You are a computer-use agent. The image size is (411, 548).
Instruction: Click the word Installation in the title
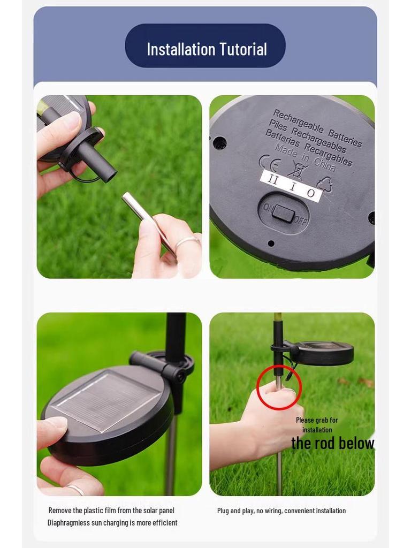pos(181,49)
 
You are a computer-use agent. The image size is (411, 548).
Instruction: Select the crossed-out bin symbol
pos(298,171)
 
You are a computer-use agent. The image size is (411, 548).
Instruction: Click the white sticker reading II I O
pos(291,187)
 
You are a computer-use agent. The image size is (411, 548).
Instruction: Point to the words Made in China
pos(305,158)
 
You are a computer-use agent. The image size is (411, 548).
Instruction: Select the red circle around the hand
pos(279,387)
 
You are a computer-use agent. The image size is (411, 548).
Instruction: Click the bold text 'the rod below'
pos(333,443)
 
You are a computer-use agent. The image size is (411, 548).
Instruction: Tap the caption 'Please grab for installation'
pos(317,424)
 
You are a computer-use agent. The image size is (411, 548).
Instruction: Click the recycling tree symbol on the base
pos(324,184)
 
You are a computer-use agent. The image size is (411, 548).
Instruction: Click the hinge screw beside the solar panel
pos(180,377)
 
